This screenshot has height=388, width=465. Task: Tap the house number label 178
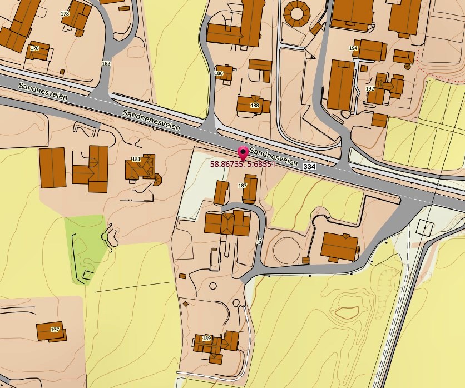tap(65, 13)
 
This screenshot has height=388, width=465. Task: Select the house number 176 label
tap(34, 48)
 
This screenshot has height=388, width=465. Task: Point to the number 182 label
tap(106, 63)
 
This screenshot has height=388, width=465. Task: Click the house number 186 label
tap(219, 73)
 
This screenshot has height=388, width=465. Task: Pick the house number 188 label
tap(255, 105)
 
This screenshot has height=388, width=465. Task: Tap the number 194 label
tap(353, 48)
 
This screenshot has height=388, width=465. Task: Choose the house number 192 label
tap(370, 89)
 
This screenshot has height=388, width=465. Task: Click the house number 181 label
tap(136, 160)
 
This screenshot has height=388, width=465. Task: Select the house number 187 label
tap(242, 185)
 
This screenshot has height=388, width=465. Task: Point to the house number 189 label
tap(207, 338)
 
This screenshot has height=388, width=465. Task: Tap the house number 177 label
tap(55, 330)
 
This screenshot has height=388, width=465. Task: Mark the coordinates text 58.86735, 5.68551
tap(243, 164)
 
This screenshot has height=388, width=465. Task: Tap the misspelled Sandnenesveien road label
tap(152, 120)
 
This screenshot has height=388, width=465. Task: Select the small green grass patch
tap(85, 245)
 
